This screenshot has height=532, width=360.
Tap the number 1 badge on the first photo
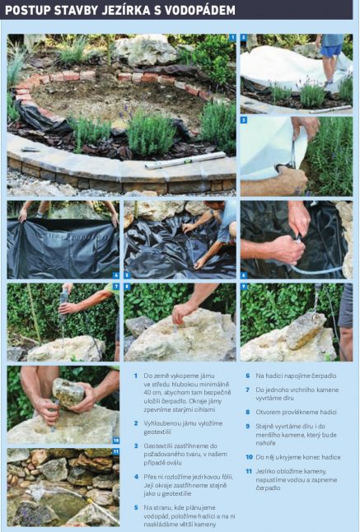point(232,38)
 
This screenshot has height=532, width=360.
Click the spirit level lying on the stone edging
point(185,161)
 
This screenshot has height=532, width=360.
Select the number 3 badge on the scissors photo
point(244,120)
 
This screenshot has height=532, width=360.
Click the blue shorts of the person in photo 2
point(332,50)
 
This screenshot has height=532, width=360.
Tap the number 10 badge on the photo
point(116,441)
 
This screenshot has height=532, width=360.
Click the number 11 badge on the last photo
point(116,451)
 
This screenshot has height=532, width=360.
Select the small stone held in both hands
point(68,393)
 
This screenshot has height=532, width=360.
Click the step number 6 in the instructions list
point(248,376)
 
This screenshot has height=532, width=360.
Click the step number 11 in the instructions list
point(249,471)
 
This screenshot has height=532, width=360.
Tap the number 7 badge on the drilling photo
point(116,287)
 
